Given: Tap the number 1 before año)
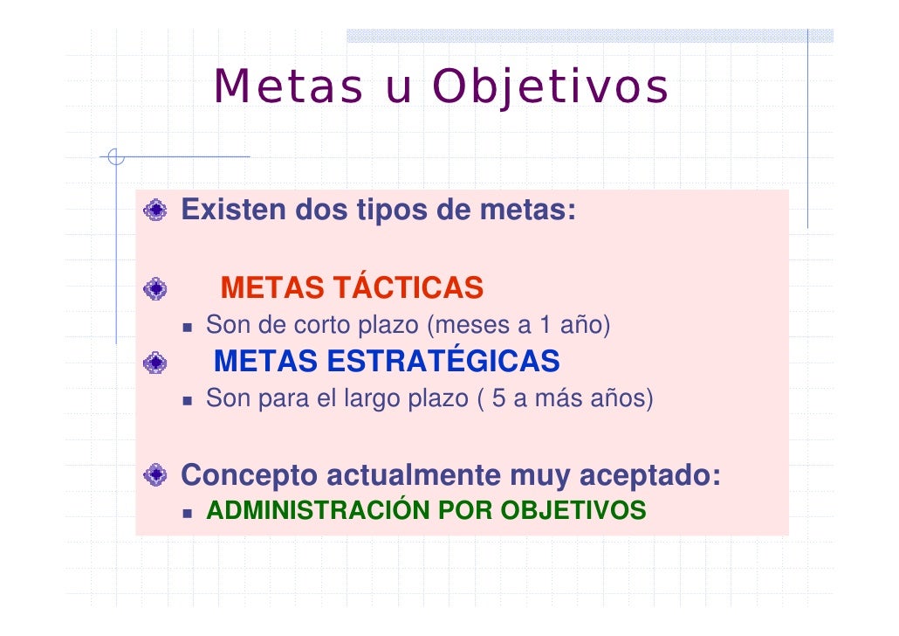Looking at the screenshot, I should [545, 326].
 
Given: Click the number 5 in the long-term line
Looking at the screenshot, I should [499, 399].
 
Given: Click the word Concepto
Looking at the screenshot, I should [250, 476].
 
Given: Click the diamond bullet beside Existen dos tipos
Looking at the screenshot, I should [156, 211].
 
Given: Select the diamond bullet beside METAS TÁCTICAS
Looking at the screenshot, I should [156, 287].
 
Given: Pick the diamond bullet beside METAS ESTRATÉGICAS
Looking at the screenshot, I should [156, 361].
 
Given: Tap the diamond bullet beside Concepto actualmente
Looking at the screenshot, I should [156, 476].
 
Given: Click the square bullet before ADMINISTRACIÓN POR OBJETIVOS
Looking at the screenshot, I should [188, 511].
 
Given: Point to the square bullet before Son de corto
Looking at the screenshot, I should [188, 327].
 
